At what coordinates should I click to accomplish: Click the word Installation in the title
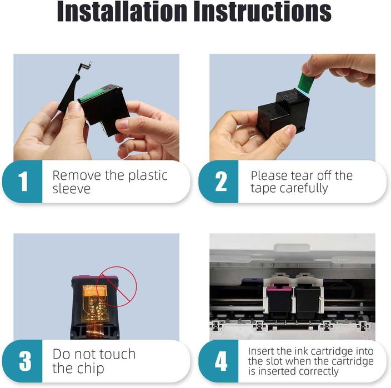122,11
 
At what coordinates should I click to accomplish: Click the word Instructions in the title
263,11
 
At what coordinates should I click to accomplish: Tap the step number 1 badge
22,182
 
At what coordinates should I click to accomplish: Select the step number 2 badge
219,182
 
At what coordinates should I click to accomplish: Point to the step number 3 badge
22,361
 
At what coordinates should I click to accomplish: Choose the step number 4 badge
219,361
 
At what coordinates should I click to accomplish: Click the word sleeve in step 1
72,188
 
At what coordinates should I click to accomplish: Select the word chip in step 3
91,369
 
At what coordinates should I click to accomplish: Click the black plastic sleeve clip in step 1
72,87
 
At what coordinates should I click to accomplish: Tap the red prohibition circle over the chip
117,286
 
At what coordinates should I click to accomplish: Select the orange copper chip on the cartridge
96,305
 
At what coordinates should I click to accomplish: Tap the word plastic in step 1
148,176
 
